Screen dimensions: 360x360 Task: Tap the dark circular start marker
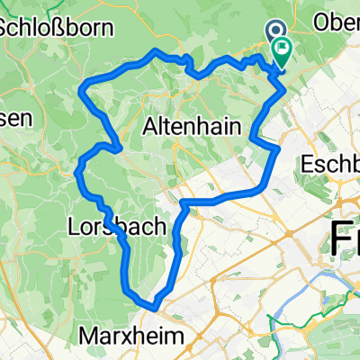(x=275, y=31)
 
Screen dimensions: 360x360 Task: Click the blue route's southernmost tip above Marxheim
(x=157, y=306)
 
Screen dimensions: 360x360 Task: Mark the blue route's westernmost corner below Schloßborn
(x=85, y=88)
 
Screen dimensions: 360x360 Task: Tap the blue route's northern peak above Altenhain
(x=156, y=51)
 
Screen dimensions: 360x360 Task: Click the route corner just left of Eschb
(x=278, y=146)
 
